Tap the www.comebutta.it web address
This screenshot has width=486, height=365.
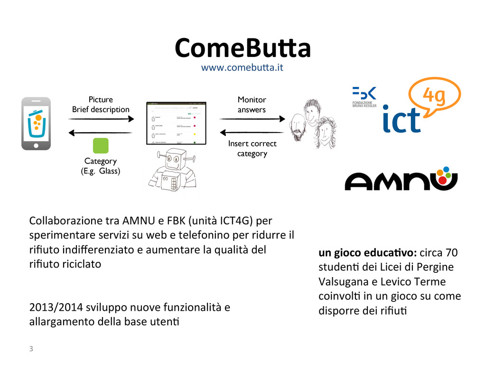pyautogui.click(x=242, y=67)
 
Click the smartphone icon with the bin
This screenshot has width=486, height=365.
pyautogui.click(x=36, y=124)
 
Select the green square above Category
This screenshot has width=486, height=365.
pyautogui.click(x=100, y=146)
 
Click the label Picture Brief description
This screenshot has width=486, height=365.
pyautogui.click(x=101, y=105)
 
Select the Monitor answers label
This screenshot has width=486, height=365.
pyautogui.click(x=252, y=105)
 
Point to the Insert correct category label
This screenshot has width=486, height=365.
pyautogui.click(x=252, y=148)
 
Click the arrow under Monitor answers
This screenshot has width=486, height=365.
pyautogui.click(x=252, y=119)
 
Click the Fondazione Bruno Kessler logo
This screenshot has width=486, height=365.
pyautogui.click(x=364, y=97)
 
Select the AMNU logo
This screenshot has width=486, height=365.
pyautogui.click(x=401, y=178)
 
